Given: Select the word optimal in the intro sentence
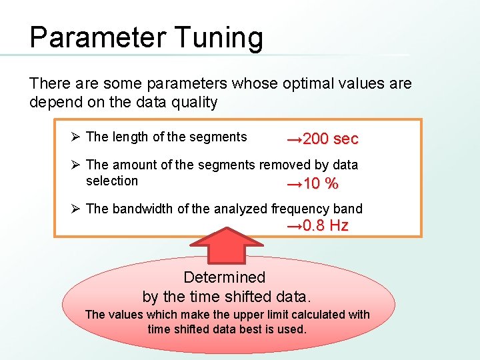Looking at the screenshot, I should pyautogui.click(x=302, y=84).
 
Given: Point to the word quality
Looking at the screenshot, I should pyautogui.click(x=193, y=103).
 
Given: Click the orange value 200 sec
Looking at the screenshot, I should pyautogui.click(x=323, y=139).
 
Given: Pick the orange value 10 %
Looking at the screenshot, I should pyautogui.click(x=313, y=183).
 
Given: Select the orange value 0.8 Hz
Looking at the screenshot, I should pyautogui.click(x=317, y=225).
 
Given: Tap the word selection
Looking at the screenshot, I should pyautogui.click(x=112, y=181).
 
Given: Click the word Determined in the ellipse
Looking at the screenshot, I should pyautogui.click(x=224, y=277).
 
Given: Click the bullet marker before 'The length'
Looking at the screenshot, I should pyautogui.click(x=76, y=137).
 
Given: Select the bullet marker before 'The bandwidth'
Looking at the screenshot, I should pyautogui.click(x=76, y=209).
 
